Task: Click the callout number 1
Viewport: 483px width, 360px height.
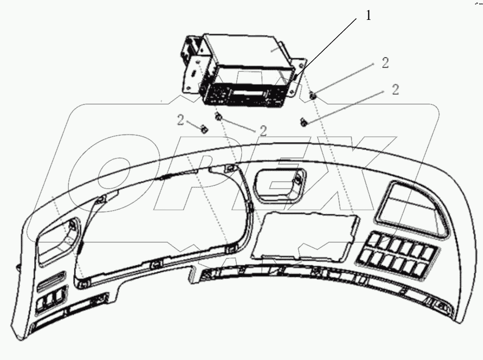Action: pos(368,16)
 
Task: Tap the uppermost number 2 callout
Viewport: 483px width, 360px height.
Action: pos(385,63)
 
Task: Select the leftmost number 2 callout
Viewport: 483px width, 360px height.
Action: pos(181,120)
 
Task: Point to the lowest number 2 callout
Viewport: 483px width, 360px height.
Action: pos(263,131)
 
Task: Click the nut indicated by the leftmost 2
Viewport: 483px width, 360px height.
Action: pos(203,128)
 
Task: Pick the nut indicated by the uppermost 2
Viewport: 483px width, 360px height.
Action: pos(313,96)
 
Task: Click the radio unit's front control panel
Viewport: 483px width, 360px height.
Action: pos(243,95)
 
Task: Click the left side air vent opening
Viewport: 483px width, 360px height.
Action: pos(57,240)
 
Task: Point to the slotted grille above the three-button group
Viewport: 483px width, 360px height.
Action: pos(52,281)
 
